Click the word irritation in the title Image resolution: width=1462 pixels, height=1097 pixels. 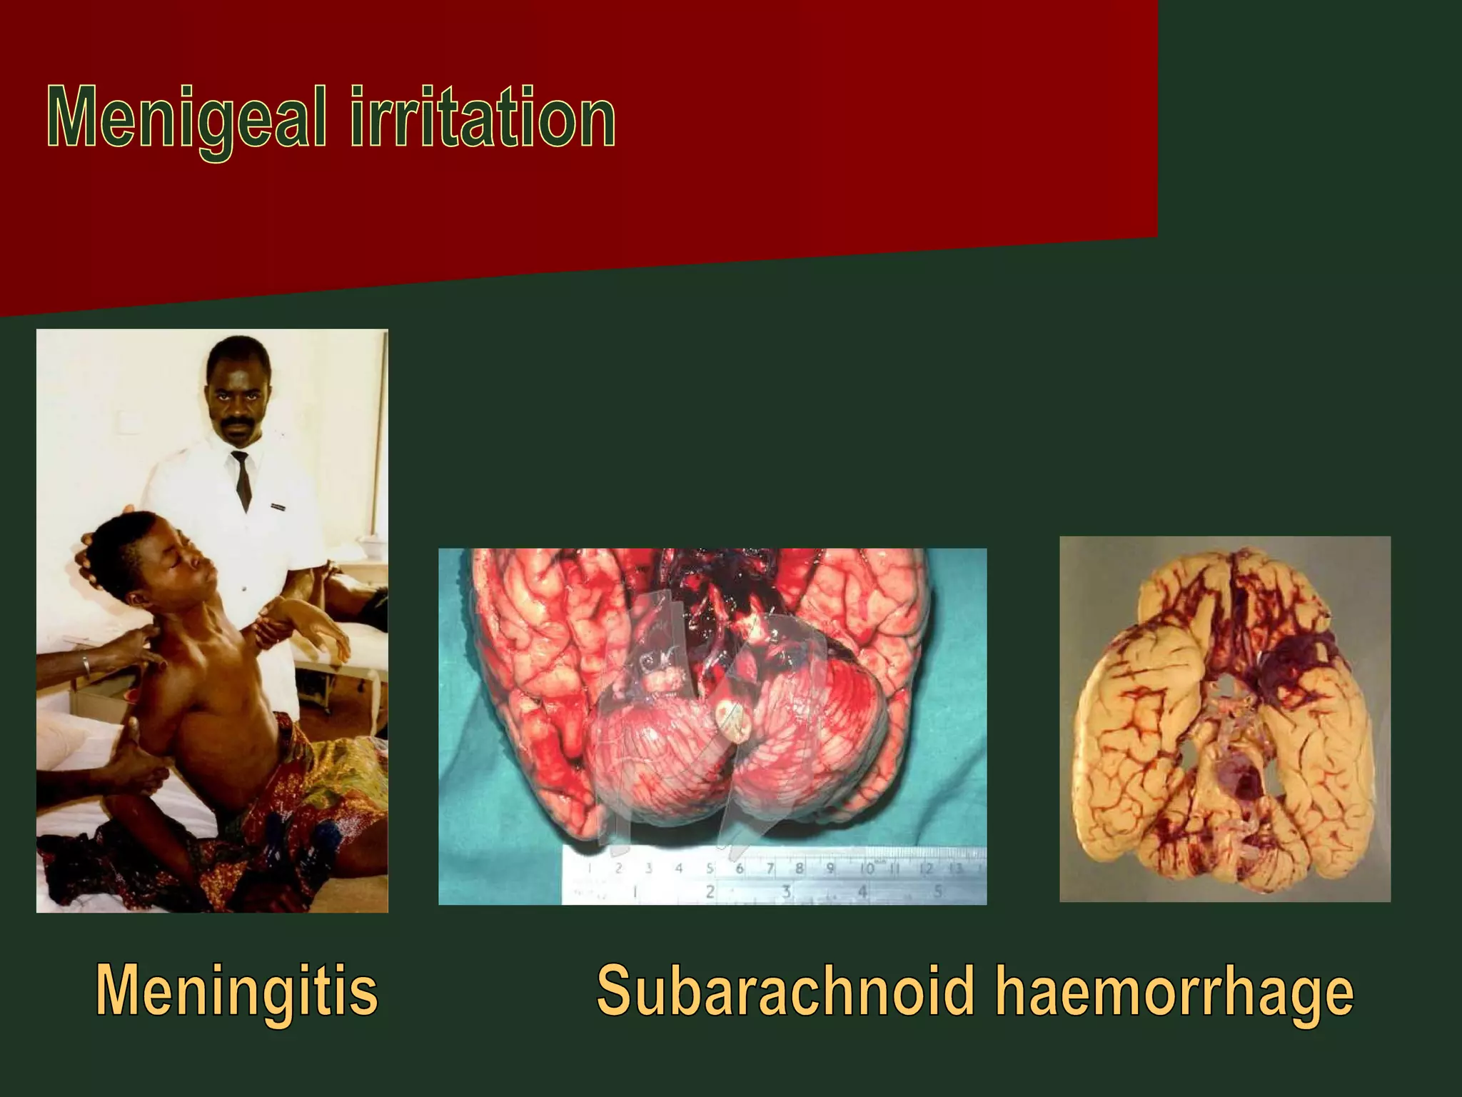(x=482, y=118)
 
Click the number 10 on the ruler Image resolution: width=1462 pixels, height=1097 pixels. (x=867, y=869)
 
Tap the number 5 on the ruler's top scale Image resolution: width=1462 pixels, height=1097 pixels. (x=710, y=869)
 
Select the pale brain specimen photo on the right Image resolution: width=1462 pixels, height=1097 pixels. (x=1224, y=718)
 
